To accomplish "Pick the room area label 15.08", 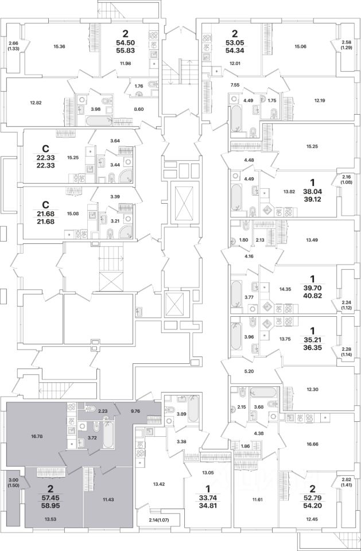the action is click(x=73, y=214).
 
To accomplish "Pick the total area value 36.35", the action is click(x=306, y=347).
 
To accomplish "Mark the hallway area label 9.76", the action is click(x=135, y=411).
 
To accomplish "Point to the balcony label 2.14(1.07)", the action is click(x=158, y=519).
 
